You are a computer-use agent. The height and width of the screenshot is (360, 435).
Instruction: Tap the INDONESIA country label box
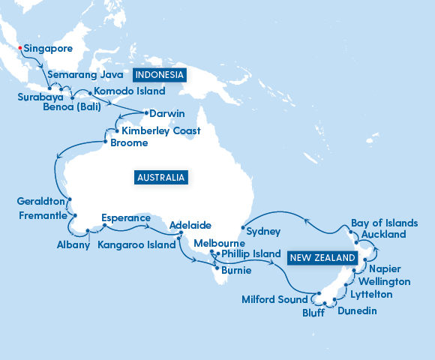pyautogui.click(x=159, y=75)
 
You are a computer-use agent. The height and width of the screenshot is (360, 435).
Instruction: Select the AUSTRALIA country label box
pyautogui.click(x=160, y=178)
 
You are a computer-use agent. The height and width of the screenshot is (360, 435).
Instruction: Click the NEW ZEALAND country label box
pyautogui.click(x=322, y=257)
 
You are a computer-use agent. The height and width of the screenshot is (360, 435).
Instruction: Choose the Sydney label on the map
pyautogui.click(x=262, y=232)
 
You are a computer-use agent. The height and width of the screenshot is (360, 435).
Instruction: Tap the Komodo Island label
pyautogui.click(x=124, y=92)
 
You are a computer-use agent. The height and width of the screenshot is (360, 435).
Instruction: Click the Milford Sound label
pyautogui.click(x=275, y=299)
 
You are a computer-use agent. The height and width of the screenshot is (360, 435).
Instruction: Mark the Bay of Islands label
pyautogui.click(x=381, y=223)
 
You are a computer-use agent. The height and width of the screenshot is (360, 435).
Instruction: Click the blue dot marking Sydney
pyautogui.click(x=242, y=226)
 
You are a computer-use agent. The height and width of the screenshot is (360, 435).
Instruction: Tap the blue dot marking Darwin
pyautogui.click(x=145, y=113)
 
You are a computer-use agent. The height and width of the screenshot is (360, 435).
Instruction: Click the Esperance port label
pyautogui.click(x=121, y=219)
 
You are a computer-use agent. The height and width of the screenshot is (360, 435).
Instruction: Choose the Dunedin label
pyautogui.click(x=357, y=310)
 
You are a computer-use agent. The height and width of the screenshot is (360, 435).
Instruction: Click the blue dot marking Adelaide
pyautogui.click(x=181, y=233)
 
